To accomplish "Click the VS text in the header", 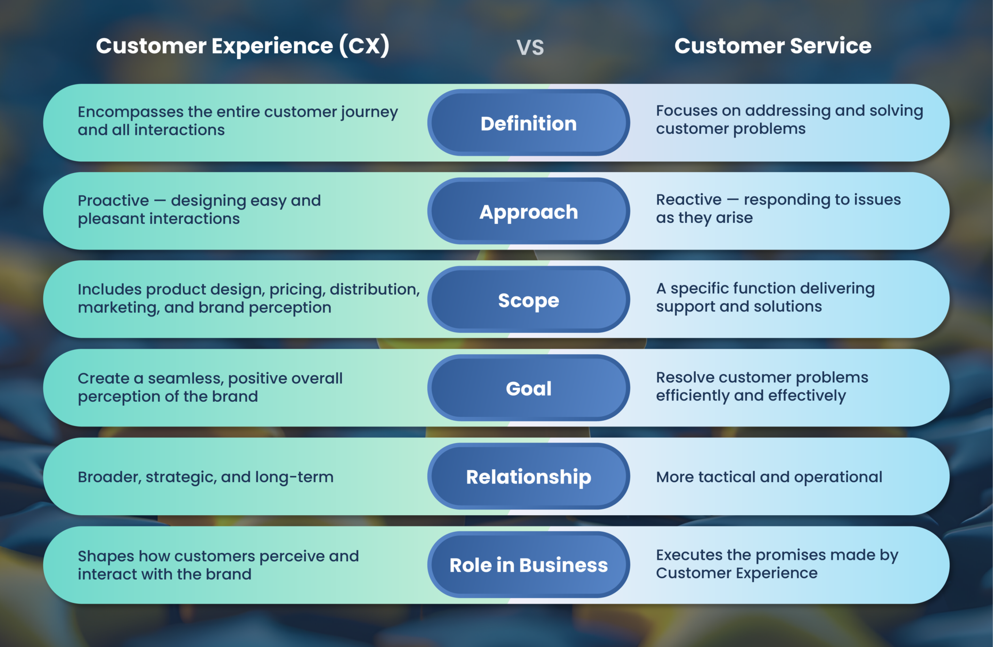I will pyautogui.click(x=530, y=47).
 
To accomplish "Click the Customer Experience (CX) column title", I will pyautogui.click(x=242, y=46).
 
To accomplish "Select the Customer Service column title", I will pyautogui.click(x=773, y=46).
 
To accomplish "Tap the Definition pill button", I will pyautogui.click(x=529, y=123).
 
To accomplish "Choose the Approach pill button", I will pyautogui.click(x=529, y=212).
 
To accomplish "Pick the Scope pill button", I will pyautogui.click(x=529, y=300).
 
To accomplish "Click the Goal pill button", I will pyautogui.click(x=529, y=388).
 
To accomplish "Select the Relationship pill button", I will pyautogui.click(x=529, y=477).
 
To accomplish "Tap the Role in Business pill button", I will pyautogui.click(x=529, y=565).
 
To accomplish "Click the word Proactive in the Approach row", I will pyautogui.click(x=113, y=201).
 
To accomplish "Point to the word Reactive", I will pyautogui.click(x=689, y=200).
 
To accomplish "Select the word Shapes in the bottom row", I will pyautogui.click(x=106, y=556).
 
